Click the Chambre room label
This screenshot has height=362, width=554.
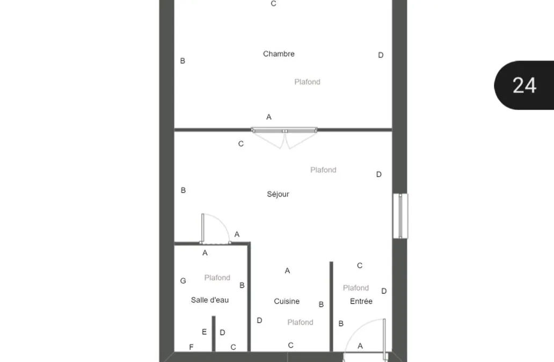pyautogui.click(x=279, y=54)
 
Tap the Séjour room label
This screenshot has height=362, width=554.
pyautogui.click(x=278, y=194)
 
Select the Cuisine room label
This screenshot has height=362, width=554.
pyautogui.click(x=287, y=301)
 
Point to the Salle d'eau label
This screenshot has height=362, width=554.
pyautogui.click(x=209, y=300)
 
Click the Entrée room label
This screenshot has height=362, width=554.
pyautogui.click(x=361, y=301)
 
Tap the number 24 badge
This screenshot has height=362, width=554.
pyautogui.click(x=524, y=85)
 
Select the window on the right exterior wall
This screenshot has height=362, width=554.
pyautogui.click(x=400, y=216)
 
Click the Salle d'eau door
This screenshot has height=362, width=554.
pyautogui.click(x=215, y=228)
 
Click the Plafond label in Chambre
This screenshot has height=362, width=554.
pyautogui.click(x=307, y=82)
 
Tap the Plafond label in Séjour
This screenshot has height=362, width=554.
pyautogui.click(x=323, y=169)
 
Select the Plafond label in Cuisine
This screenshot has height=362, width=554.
pyautogui.click(x=300, y=322)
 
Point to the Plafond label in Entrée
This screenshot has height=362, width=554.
pyautogui.click(x=355, y=288)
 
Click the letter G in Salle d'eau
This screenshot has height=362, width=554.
pyautogui.click(x=183, y=281)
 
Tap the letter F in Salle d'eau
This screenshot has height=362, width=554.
pyautogui.click(x=191, y=347)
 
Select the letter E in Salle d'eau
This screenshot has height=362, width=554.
pyautogui.click(x=204, y=331)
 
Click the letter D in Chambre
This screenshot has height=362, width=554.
pyautogui.click(x=381, y=55)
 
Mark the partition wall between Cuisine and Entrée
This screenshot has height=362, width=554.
pyautogui.click(x=331, y=307)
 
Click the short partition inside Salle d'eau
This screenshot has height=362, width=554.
pyautogui.click(x=214, y=334)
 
